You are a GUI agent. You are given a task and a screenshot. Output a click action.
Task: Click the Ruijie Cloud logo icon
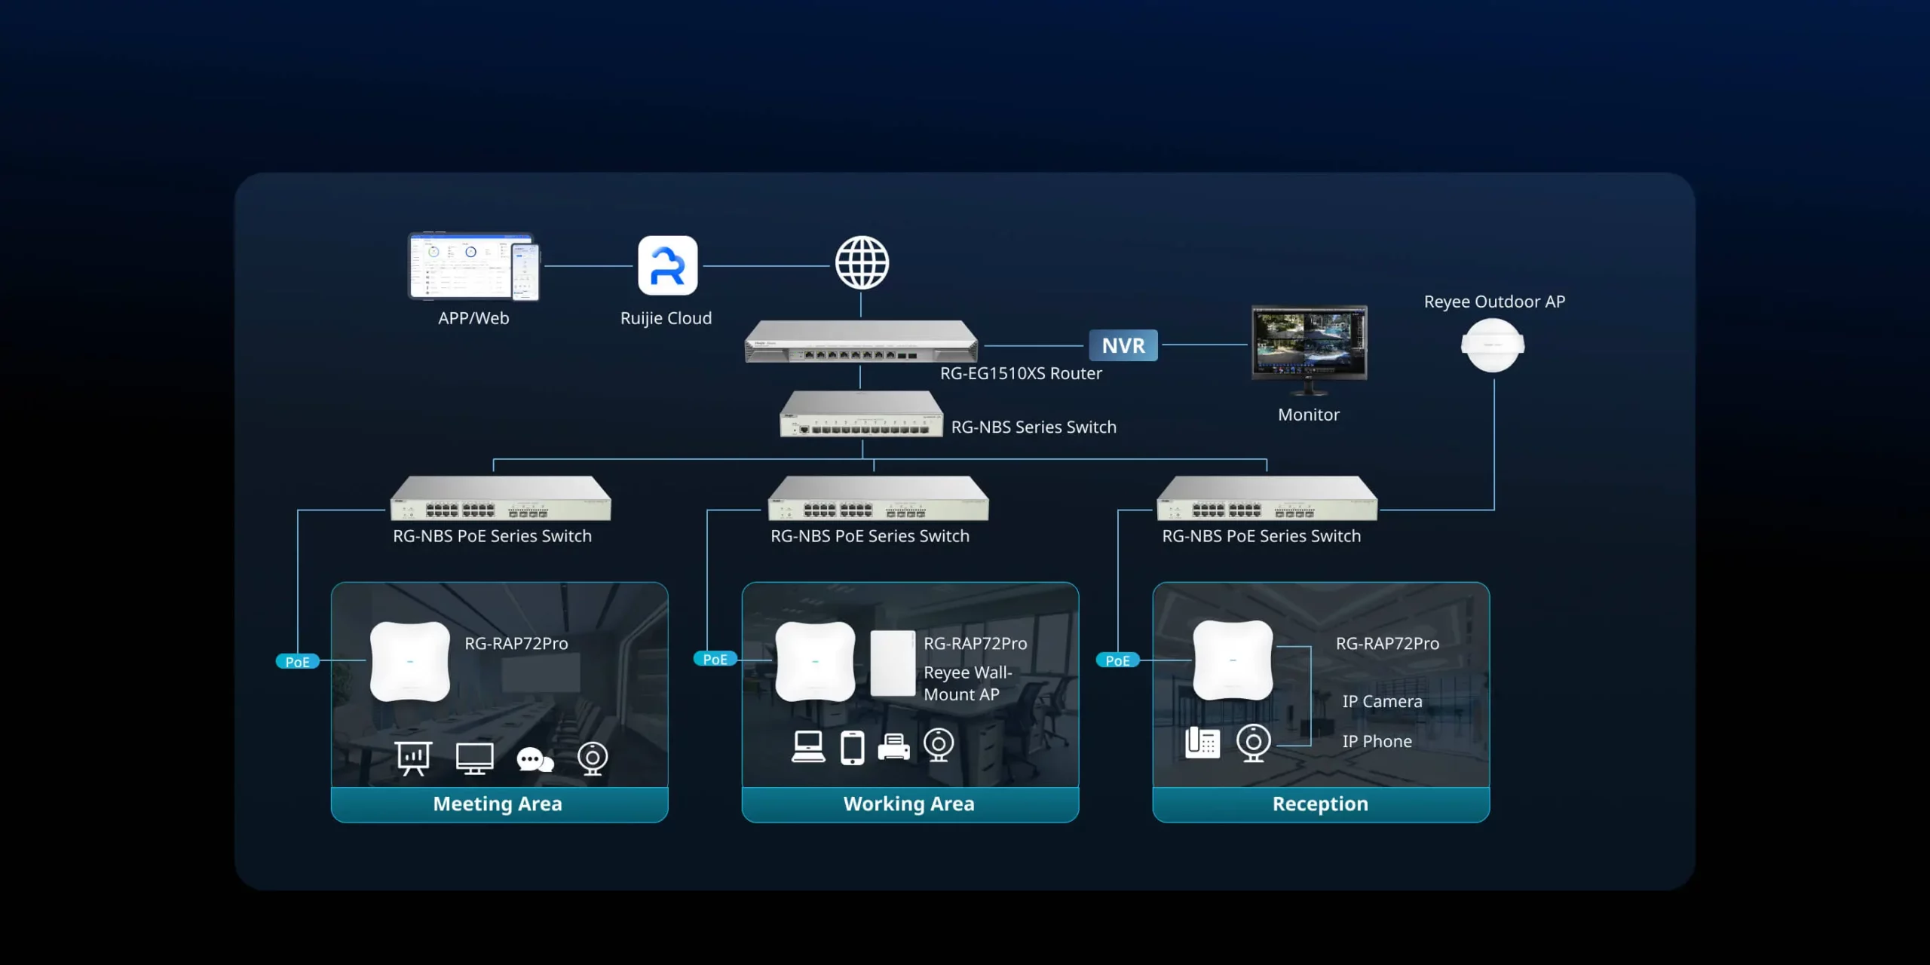[x=667, y=265]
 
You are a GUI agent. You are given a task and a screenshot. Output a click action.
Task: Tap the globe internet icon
[x=862, y=263]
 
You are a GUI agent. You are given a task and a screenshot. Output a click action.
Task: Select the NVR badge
[x=1123, y=345]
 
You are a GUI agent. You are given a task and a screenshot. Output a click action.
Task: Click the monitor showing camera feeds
[x=1309, y=344]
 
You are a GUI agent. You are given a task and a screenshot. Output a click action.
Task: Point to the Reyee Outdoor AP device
[x=1492, y=345]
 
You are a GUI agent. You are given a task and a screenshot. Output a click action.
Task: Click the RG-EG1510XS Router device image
[x=861, y=342]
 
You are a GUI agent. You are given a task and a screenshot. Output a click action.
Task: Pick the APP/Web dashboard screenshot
[x=473, y=266]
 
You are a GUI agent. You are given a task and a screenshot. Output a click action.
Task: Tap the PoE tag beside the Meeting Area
[x=297, y=662]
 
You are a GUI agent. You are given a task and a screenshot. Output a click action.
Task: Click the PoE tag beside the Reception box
[x=1117, y=660]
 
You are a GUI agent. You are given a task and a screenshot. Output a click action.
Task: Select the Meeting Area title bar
[x=498, y=804]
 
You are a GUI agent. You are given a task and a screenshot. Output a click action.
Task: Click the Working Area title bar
[x=909, y=804]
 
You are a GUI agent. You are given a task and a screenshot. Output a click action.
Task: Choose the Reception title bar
[x=1320, y=804]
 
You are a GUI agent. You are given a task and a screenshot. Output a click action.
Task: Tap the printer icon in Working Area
[x=893, y=747]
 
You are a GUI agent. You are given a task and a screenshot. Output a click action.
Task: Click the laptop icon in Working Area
[x=808, y=747]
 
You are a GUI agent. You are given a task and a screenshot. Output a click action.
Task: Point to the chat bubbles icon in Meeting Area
[x=535, y=759]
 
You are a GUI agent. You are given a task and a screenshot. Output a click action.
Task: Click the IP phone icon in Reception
[x=1202, y=743]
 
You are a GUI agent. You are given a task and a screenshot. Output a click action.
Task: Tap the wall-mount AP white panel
[x=893, y=663]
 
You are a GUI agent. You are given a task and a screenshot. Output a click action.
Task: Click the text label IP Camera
[x=1382, y=702]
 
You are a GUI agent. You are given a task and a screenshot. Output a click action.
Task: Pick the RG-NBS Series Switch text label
[x=1034, y=427]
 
